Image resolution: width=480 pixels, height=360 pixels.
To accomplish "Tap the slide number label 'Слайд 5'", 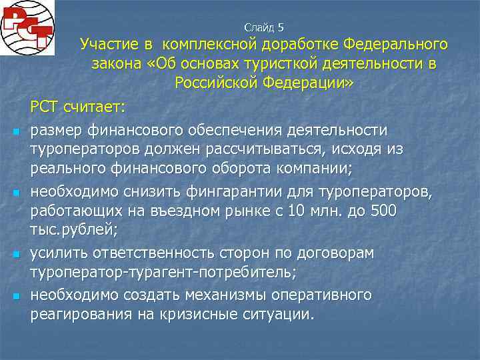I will (264, 27).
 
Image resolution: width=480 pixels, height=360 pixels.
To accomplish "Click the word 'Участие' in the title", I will (108, 45).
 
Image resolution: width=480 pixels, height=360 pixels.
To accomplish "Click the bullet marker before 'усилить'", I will (15, 255).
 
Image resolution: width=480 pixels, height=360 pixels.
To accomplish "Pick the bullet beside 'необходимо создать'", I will (15, 296).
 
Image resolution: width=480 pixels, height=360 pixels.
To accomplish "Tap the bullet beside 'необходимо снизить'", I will (15, 193).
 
